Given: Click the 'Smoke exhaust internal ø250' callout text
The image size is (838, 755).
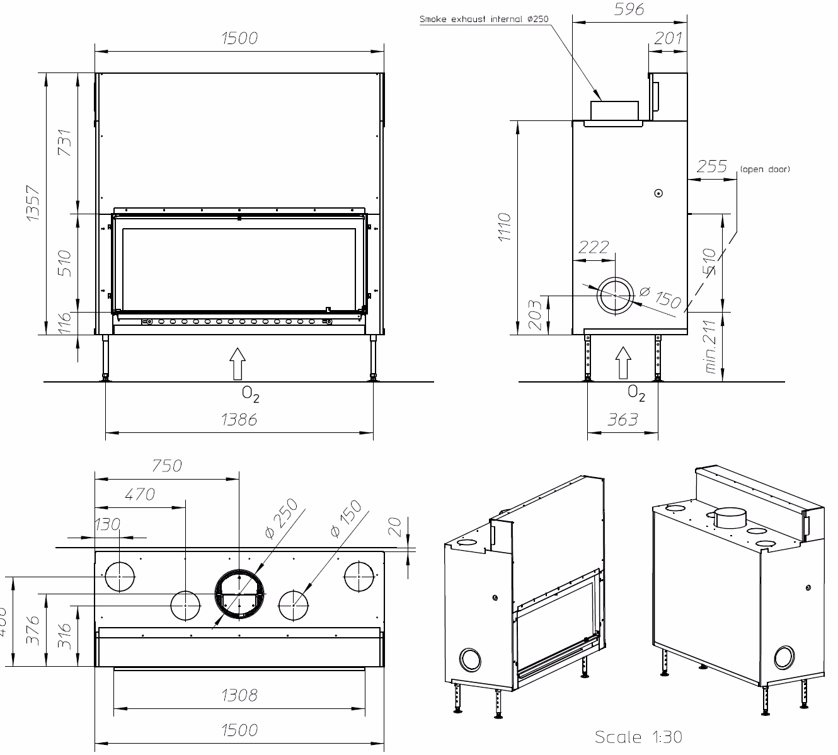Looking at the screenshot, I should point(484,20).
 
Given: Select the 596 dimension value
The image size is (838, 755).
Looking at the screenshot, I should point(629,9).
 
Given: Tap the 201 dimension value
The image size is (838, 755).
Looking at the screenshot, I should point(668,38).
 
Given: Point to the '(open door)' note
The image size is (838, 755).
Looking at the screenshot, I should point(764,169).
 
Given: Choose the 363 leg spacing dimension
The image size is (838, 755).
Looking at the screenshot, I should point(623,420).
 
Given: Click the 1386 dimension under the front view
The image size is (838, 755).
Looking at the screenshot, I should point(239,420).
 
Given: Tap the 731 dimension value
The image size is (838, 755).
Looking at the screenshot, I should point(64,144).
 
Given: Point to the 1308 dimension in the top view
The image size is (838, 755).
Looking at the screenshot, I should point(239,695).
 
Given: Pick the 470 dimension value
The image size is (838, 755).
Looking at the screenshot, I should point(139,495).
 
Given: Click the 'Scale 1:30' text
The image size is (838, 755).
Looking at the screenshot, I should point(638,737).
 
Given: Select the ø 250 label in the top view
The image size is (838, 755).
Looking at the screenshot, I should point(281,519).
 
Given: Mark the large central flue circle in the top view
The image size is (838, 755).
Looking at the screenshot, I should point(239,594).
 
